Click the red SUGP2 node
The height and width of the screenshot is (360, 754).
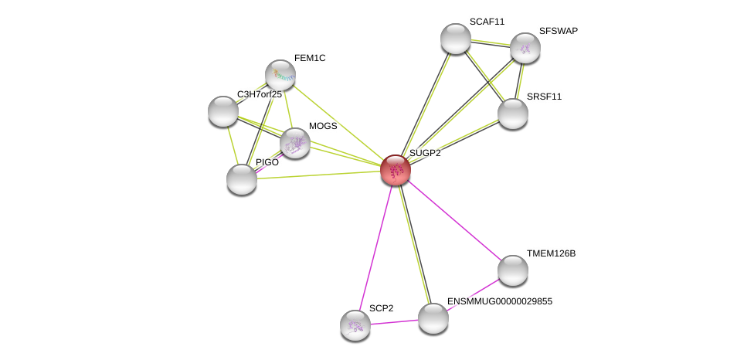coord(396,170)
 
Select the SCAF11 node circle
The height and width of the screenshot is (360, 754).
coord(456,39)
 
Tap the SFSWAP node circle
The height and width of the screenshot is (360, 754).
coord(525,48)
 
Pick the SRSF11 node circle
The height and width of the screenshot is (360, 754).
coord(513,114)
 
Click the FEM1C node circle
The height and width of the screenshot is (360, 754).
coord(280,75)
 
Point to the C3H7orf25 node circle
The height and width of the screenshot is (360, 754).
coord(223,111)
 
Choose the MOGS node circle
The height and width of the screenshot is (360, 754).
coord(295,143)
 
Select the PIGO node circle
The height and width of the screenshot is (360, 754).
coord(242,179)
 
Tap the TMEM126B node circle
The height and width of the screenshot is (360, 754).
coord(513,270)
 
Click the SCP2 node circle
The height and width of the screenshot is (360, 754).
coord(355,325)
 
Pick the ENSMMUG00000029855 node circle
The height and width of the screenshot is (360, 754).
coord(433,318)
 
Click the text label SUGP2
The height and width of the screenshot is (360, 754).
coord(425,153)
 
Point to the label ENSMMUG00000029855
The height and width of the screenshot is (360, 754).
coord(500,301)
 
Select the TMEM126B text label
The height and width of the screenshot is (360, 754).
coord(551,253)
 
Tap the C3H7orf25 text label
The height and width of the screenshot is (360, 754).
coord(259,94)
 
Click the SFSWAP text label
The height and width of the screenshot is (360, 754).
coord(558,31)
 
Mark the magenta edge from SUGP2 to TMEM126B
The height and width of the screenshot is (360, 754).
coord(454,220)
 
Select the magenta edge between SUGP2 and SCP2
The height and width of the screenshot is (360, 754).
coord(376,245)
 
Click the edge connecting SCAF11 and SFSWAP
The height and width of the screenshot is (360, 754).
coord(491,43)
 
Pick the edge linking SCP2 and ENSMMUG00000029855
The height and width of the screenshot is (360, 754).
coord(394,322)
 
